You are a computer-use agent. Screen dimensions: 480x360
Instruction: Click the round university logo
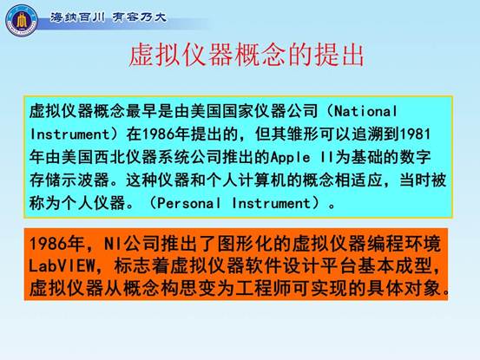(22, 21)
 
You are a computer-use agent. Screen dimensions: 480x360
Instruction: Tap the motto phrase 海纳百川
(77, 17)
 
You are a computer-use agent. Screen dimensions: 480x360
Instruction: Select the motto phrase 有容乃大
(139, 17)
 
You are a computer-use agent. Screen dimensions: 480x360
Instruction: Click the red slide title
(247, 56)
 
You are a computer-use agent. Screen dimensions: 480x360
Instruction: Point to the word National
(365, 111)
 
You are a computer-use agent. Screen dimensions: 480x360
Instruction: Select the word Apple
(291, 158)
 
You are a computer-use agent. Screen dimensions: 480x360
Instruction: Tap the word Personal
(189, 203)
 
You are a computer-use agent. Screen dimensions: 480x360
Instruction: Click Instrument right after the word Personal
(272, 203)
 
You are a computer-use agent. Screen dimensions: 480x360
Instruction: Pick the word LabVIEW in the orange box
(62, 265)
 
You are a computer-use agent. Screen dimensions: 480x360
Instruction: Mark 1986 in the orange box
(44, 244)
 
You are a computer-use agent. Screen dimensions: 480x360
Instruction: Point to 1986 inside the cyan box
(159, 134)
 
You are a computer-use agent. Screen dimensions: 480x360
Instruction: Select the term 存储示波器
(69, 180)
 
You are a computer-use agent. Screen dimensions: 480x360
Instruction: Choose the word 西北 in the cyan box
(110, 158)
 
